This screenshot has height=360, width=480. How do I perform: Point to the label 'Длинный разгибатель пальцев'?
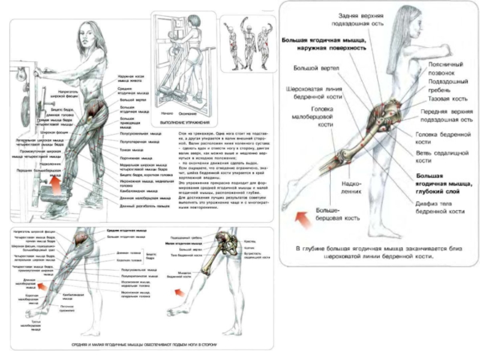pos(139,206)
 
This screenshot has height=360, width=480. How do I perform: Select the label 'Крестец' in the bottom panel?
pos(249,241)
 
